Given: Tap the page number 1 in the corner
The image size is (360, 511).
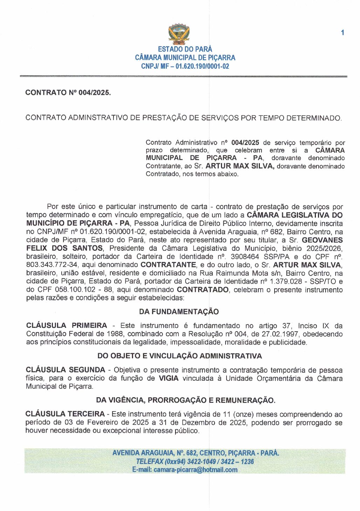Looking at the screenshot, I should point(342,33).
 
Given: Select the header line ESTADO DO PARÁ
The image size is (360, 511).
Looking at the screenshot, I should point(185,49).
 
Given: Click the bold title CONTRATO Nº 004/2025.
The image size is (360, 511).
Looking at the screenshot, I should point(68,93).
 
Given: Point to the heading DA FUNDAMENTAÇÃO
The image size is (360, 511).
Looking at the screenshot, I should point(179,312).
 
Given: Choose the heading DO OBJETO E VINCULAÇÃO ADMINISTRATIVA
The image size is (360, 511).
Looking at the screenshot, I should point(180,356).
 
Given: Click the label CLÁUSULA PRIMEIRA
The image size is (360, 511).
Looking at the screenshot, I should point(67,326).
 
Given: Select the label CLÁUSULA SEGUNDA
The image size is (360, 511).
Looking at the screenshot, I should point(65,370).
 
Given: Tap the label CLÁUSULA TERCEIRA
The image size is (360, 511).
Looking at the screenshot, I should point(65,414).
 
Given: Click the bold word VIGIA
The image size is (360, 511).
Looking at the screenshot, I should point(168,378).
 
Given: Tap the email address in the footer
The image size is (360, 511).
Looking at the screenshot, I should point(195,470).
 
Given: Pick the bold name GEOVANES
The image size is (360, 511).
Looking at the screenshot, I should point(322,240).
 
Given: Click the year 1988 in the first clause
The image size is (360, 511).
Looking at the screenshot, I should point(115,334).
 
